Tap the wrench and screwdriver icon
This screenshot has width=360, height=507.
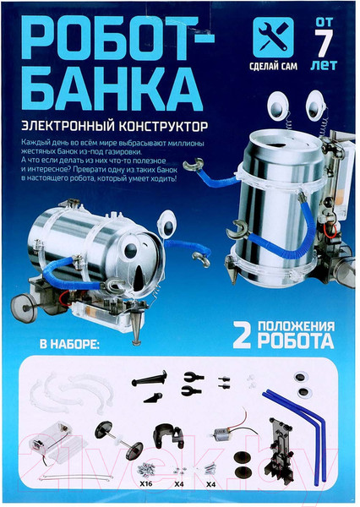coord(273,37)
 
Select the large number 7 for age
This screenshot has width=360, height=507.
coord(324,43)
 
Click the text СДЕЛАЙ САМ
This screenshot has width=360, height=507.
coord(273,66)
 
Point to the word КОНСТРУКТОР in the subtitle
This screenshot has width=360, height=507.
coord(163,126)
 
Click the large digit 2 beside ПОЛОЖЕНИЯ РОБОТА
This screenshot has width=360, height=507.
coord(242,335)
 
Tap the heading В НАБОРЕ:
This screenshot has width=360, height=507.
coord(69,344)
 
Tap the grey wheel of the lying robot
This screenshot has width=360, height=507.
coord(24,308)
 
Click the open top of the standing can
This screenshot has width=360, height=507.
coord(279,143)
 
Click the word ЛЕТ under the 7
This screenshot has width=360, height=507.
coord(324,66)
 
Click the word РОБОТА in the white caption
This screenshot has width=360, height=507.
coord(296,341)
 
